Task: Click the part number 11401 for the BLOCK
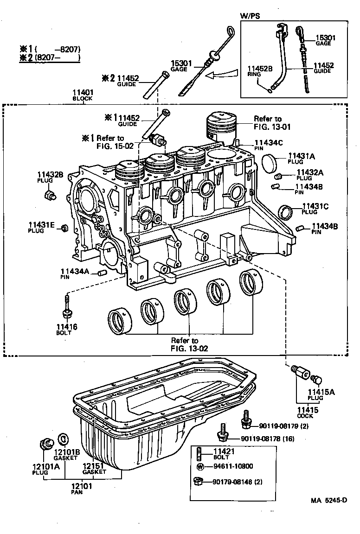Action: click(82, 92)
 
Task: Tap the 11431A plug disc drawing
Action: click(270, 164)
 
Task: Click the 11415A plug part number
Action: click(321, 392)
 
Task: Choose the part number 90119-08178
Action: click(263, 439)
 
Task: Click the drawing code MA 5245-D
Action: click(329, 501)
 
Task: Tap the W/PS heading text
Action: click(250, 16)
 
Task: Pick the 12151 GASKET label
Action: click(95, 468)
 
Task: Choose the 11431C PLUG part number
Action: click(315, 206)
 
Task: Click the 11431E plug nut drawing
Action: click(65, 227)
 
